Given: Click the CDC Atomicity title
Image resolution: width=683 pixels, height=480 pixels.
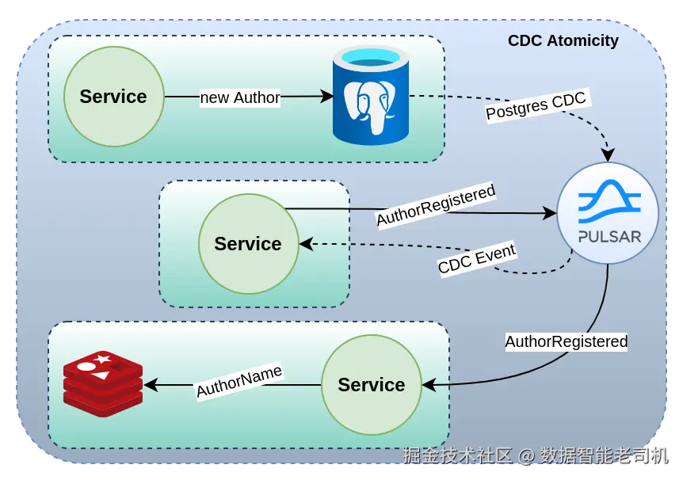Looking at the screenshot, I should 563,40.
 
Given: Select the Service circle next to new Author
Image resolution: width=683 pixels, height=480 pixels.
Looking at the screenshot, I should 113,97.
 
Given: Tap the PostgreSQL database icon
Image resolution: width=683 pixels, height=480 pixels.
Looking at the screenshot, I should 370,96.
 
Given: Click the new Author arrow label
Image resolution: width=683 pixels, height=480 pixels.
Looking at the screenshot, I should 239,97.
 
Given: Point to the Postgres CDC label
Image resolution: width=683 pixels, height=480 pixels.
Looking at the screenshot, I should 536,106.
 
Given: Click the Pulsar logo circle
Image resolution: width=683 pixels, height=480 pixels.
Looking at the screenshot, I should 608,213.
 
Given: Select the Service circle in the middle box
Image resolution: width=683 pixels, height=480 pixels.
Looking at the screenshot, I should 248,243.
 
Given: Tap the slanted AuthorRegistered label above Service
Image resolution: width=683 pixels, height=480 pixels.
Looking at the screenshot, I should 435,205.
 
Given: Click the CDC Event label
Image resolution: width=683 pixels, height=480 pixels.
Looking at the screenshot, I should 476,259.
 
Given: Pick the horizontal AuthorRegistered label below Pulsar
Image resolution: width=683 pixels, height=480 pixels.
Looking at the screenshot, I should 566,342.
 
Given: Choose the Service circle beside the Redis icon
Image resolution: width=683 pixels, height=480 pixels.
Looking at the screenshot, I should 371,385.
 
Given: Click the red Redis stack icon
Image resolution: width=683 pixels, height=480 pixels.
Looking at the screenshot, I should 103,383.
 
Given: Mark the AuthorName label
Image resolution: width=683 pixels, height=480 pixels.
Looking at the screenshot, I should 238,380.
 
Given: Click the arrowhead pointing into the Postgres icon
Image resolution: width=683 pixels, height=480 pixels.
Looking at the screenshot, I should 327,97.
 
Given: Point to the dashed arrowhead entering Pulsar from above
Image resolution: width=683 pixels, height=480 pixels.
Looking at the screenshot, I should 608,154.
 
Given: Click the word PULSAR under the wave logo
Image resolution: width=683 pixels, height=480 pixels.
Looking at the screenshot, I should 609,236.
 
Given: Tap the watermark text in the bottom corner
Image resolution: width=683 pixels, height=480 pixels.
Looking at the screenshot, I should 536,456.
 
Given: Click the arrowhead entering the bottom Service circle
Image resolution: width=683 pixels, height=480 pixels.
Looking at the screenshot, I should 429,385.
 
